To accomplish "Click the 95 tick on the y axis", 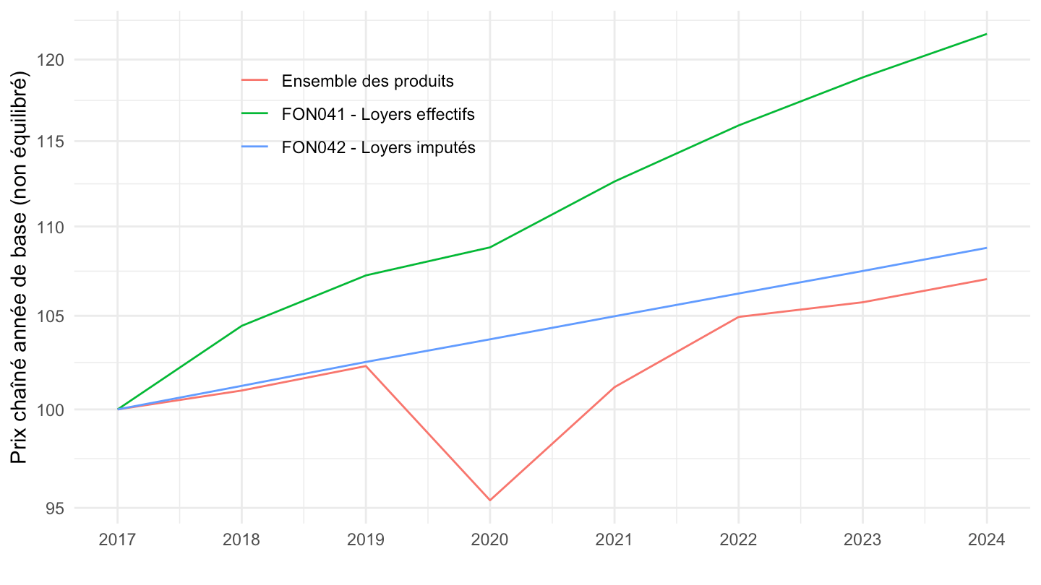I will coord(53,508).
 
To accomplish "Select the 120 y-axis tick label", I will coord(50,59).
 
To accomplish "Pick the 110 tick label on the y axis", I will coord(50,227).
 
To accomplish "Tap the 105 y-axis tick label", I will coord(50,316).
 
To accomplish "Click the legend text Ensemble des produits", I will coord(368,81).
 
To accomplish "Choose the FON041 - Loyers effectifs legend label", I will coord(378,114).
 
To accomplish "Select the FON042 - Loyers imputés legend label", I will coord(379,147).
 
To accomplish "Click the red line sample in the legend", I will coord(254,81).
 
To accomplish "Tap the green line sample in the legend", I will coord(254,114).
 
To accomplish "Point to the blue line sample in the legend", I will coord(254,147).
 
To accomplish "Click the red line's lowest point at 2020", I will coord(489,500).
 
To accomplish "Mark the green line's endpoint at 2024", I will coord(986,34).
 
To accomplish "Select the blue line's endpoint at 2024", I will coord(986,248).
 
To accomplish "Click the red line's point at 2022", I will coord(738,316).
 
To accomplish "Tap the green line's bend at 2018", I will coord(241,326).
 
